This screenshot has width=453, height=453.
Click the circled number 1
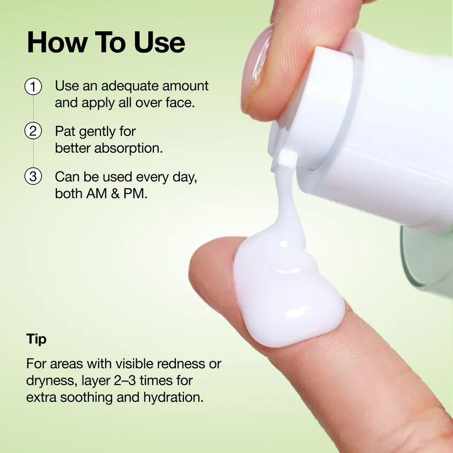tap(33, 86)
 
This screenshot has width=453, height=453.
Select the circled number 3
tap(33, 176)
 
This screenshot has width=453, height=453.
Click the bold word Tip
tap(36, 339)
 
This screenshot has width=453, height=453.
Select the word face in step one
tap(180, 102)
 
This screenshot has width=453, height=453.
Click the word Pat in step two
tap(65, 131)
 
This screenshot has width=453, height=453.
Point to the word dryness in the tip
tap(49, 380)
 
